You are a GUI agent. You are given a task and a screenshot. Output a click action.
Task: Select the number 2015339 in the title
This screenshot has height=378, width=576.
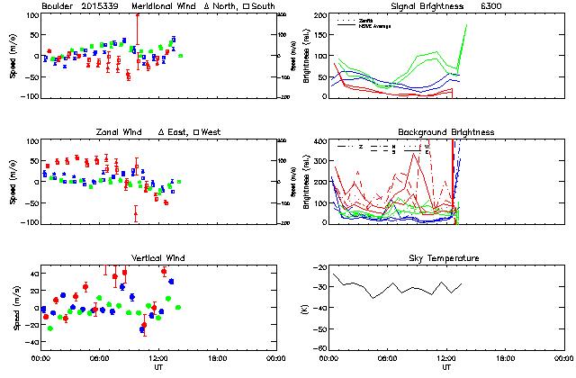coord(100,6)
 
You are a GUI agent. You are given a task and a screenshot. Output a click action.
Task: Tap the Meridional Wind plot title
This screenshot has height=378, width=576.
coord(163,6)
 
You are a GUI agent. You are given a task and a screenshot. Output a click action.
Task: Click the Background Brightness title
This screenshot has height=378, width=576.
coord(446,132)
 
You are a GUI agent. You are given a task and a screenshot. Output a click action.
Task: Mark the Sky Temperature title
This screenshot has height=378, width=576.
coord(446,258)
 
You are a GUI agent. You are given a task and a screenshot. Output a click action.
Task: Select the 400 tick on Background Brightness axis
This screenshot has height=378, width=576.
coord(320,142)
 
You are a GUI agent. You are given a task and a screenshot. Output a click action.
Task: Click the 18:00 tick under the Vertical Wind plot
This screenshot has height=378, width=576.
coord(216,357)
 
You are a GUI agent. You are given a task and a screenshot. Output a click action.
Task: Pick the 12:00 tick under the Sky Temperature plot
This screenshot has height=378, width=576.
coord(446,357)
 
